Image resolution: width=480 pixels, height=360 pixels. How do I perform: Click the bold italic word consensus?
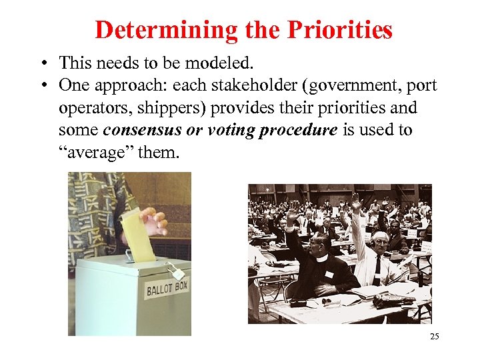(142, 130)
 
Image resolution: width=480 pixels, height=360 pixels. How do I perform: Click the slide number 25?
(434, 337)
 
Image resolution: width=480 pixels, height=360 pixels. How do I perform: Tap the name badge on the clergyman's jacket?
(329, 274)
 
